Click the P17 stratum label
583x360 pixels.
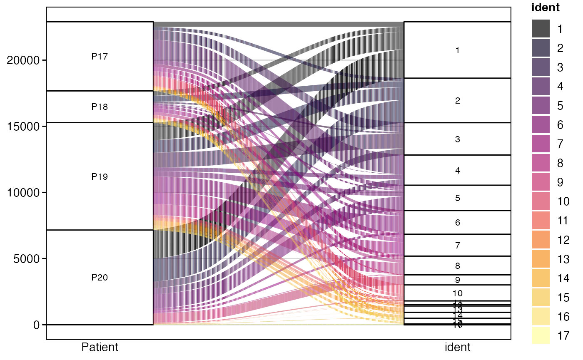pos(100,57)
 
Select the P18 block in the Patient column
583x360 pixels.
pos(100,107)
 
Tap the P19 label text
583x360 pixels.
pos(100,176)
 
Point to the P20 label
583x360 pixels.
pos(100,278)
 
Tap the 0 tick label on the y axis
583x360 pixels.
pos(36,325)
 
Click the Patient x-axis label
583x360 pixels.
pos(100,347)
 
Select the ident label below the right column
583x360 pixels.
pos(457,347)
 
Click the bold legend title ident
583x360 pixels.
pos(546,8)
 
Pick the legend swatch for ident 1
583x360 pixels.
pos(541,29)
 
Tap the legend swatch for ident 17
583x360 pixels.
pos(541,336)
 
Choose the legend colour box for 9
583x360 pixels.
pos(541,182)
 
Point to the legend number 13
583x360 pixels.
pos(563,259)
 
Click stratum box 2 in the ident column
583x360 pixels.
pos(457,100)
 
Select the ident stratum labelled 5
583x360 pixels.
pos(457,198)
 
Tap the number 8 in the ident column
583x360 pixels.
pos(457,266)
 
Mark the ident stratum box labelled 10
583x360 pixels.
pos(457,293)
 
